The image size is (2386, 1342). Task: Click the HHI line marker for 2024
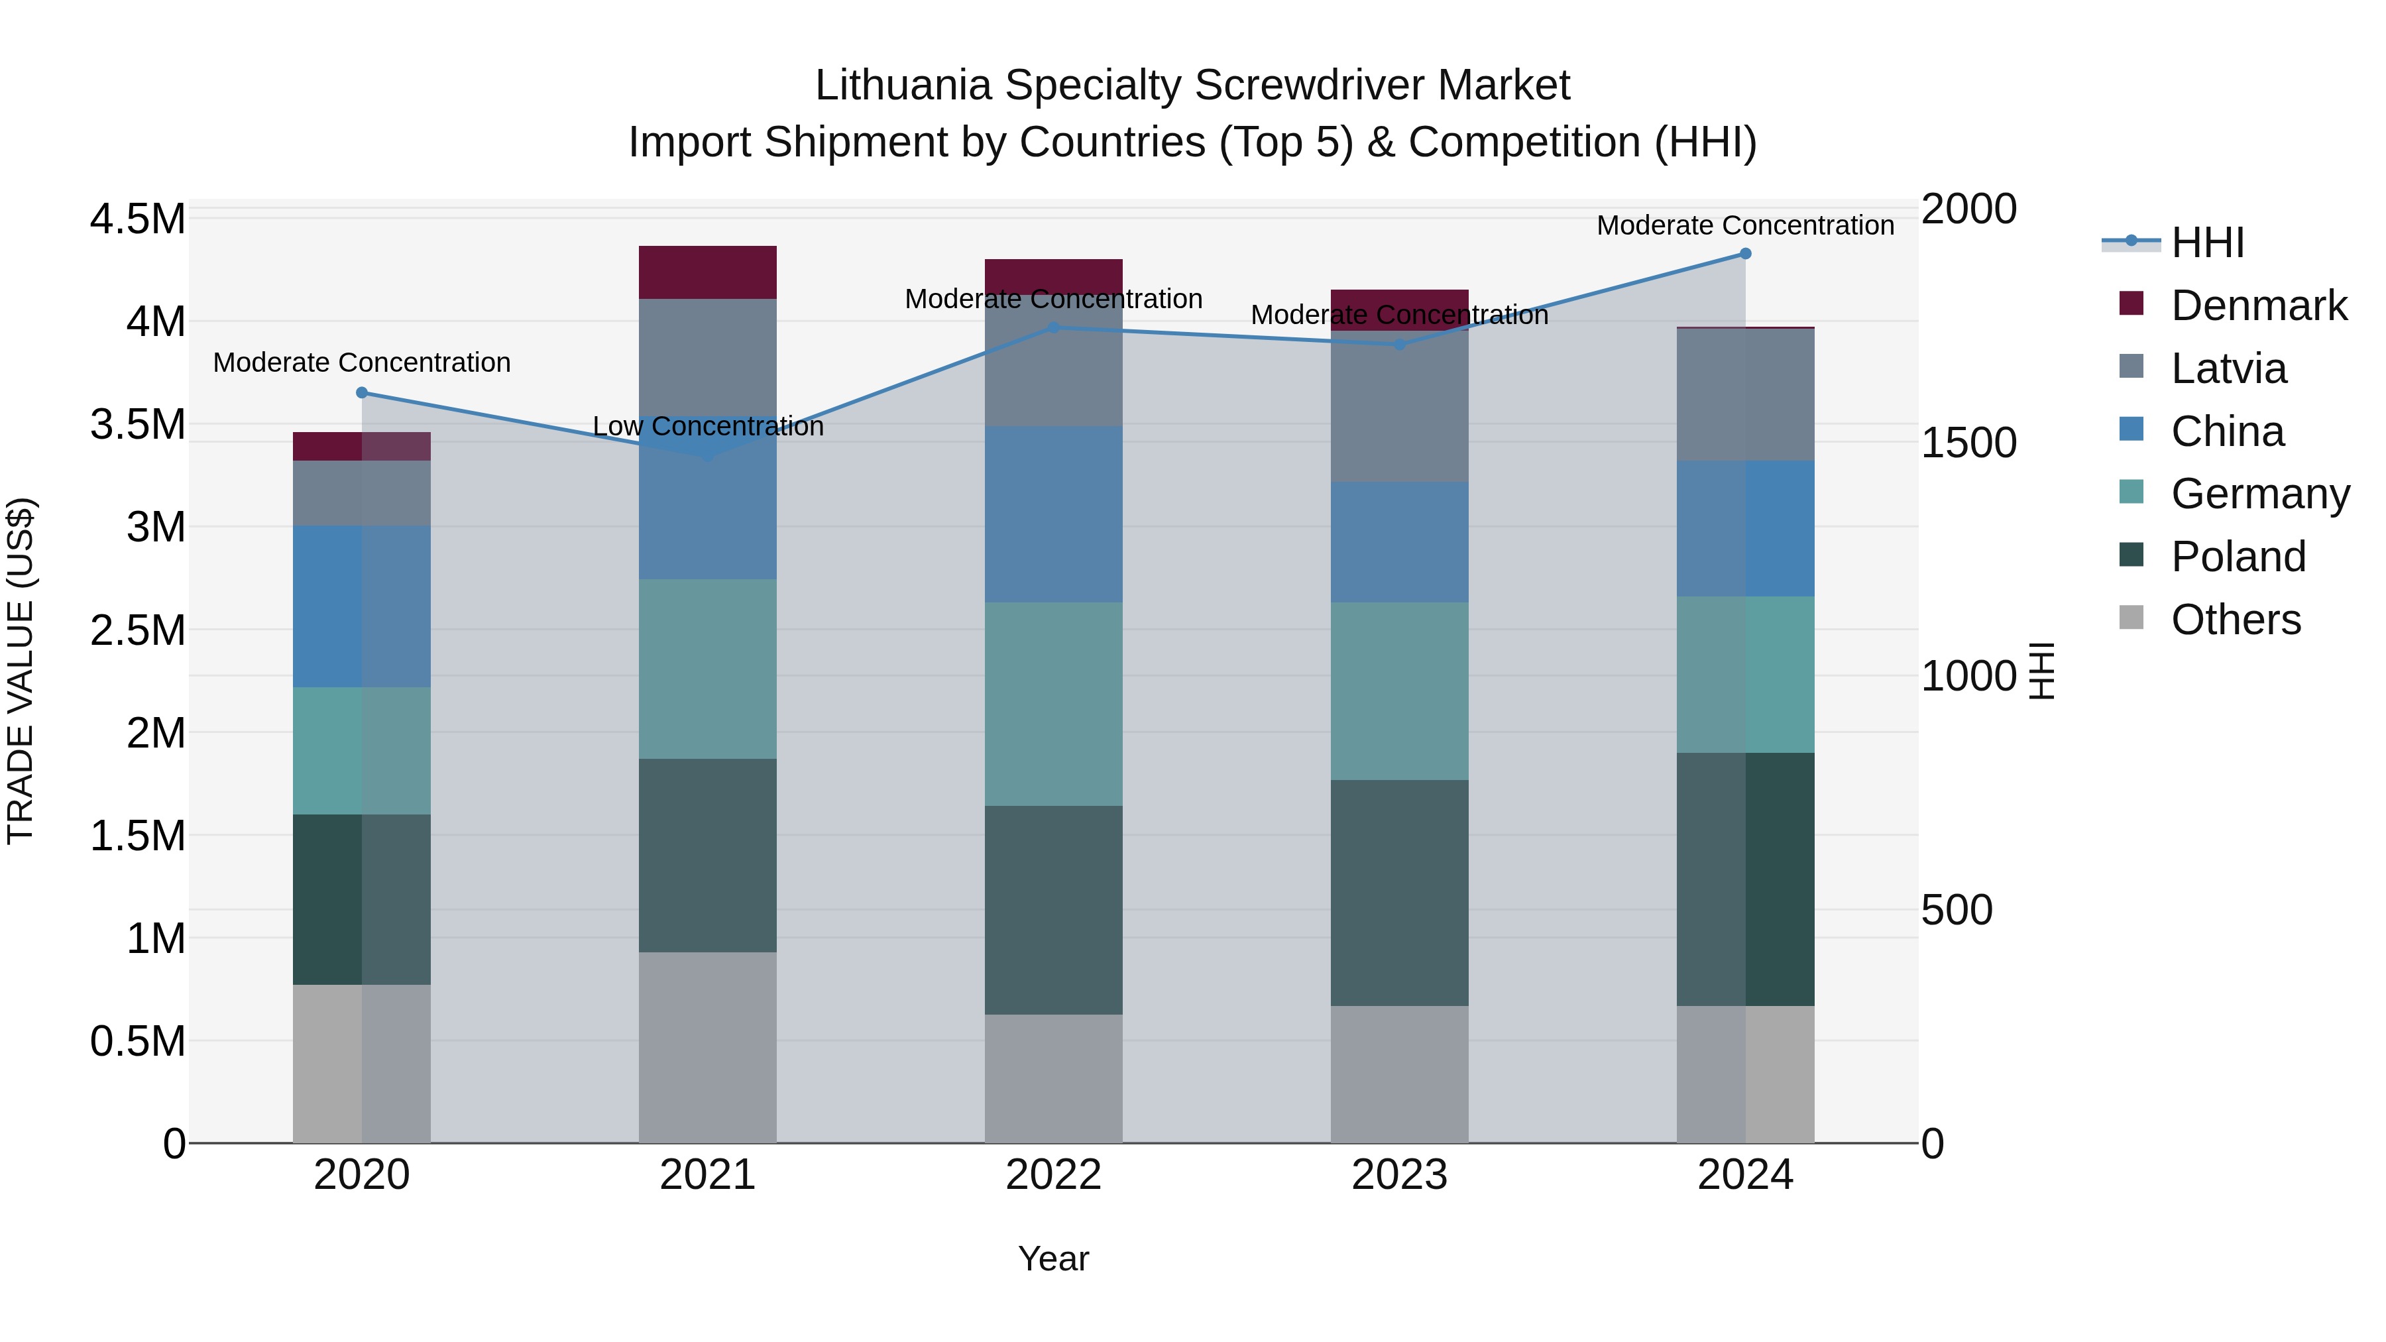pyautogui.click(x=1745, y=254)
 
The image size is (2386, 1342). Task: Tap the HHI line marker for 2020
pyautogui.click(x=362, y=393)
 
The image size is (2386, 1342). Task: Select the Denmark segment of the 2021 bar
pyautogui.click(x=708, y=272)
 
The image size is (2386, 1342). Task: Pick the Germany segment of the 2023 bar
pyautogui.click(x=1400, y=691)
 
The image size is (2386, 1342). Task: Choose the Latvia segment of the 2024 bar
pyautogui.click(x=1745, y=394)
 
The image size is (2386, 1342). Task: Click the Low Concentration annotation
pyautogui.click(x=708, y=426)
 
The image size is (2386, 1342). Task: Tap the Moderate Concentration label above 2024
pyautogui.click(x=1745, y=225)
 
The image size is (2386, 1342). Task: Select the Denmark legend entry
pyautogui.click(x=2258, y=306)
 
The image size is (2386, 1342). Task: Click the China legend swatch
pyautogui.click(x=2131, y=429)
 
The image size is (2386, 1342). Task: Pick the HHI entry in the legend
pyautogui.click(x=2207, y=243)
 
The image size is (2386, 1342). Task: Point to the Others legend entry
pyautogui.click(x=2235, y=620)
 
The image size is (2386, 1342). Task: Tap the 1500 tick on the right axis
pyautogui.click(x=1968, y=443)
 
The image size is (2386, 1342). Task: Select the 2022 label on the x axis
pyautogui.click(x=1053, y=1174)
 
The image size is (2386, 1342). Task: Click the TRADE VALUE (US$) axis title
pyautogui.click(x=21, y=671)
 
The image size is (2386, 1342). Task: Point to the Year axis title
pyautogui.click(x=1053, y=1258)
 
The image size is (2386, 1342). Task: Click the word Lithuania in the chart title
pyautogui.click(x=903, y=85)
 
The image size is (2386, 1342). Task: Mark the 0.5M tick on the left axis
pyautogui.click(x=137, y=1041)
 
